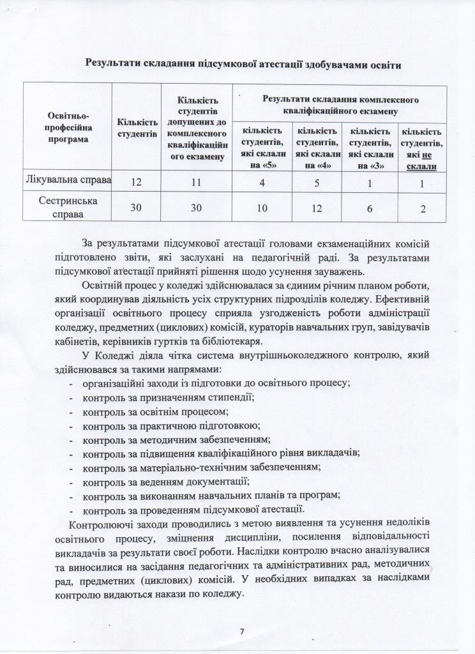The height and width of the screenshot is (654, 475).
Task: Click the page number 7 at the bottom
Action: coord(242,632)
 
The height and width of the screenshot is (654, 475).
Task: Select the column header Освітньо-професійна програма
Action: coord(68,127)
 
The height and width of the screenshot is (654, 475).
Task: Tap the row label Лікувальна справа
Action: coord(68,180)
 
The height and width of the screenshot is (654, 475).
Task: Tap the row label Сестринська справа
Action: coord(68,207)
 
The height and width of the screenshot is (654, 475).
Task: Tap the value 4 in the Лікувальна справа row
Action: coord(261,182)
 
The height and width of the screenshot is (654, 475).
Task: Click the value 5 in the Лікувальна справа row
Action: coord(317,182)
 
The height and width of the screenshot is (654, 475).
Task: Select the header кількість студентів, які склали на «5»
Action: coord(262,149)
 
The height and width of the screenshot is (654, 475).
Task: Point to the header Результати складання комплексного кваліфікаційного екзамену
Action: coord(340,105)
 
